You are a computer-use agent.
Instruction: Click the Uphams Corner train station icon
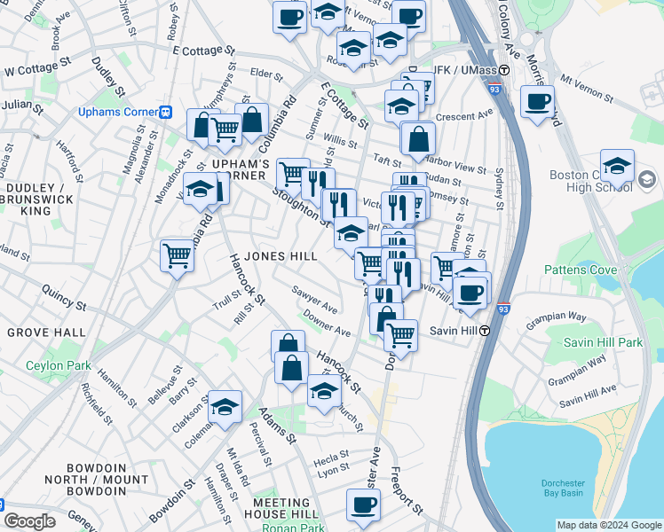165,113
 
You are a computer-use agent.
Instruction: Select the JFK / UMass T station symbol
504,70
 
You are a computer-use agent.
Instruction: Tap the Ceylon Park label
59,365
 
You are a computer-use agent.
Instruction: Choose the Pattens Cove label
578,269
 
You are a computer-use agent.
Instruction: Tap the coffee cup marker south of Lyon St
362,505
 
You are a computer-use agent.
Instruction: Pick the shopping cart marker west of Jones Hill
177,256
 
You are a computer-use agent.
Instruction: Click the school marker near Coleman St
225,406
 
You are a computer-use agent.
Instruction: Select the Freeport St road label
407,489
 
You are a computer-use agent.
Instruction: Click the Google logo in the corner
28,521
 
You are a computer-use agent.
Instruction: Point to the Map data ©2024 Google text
609,525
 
